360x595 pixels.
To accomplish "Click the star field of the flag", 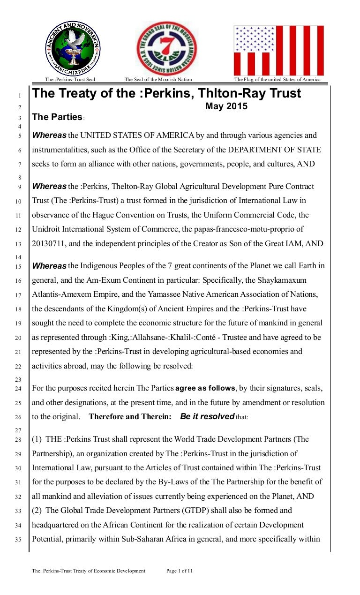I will point(255,39).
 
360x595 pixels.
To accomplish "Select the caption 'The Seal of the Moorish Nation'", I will point(158,80).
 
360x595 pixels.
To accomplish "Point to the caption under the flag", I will point(277,80).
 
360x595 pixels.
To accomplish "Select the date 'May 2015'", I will point(226,106).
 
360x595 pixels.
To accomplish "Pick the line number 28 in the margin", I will point(19,440).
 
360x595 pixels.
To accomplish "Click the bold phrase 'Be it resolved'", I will point(207,416).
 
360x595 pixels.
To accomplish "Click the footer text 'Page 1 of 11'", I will point(180,571).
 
